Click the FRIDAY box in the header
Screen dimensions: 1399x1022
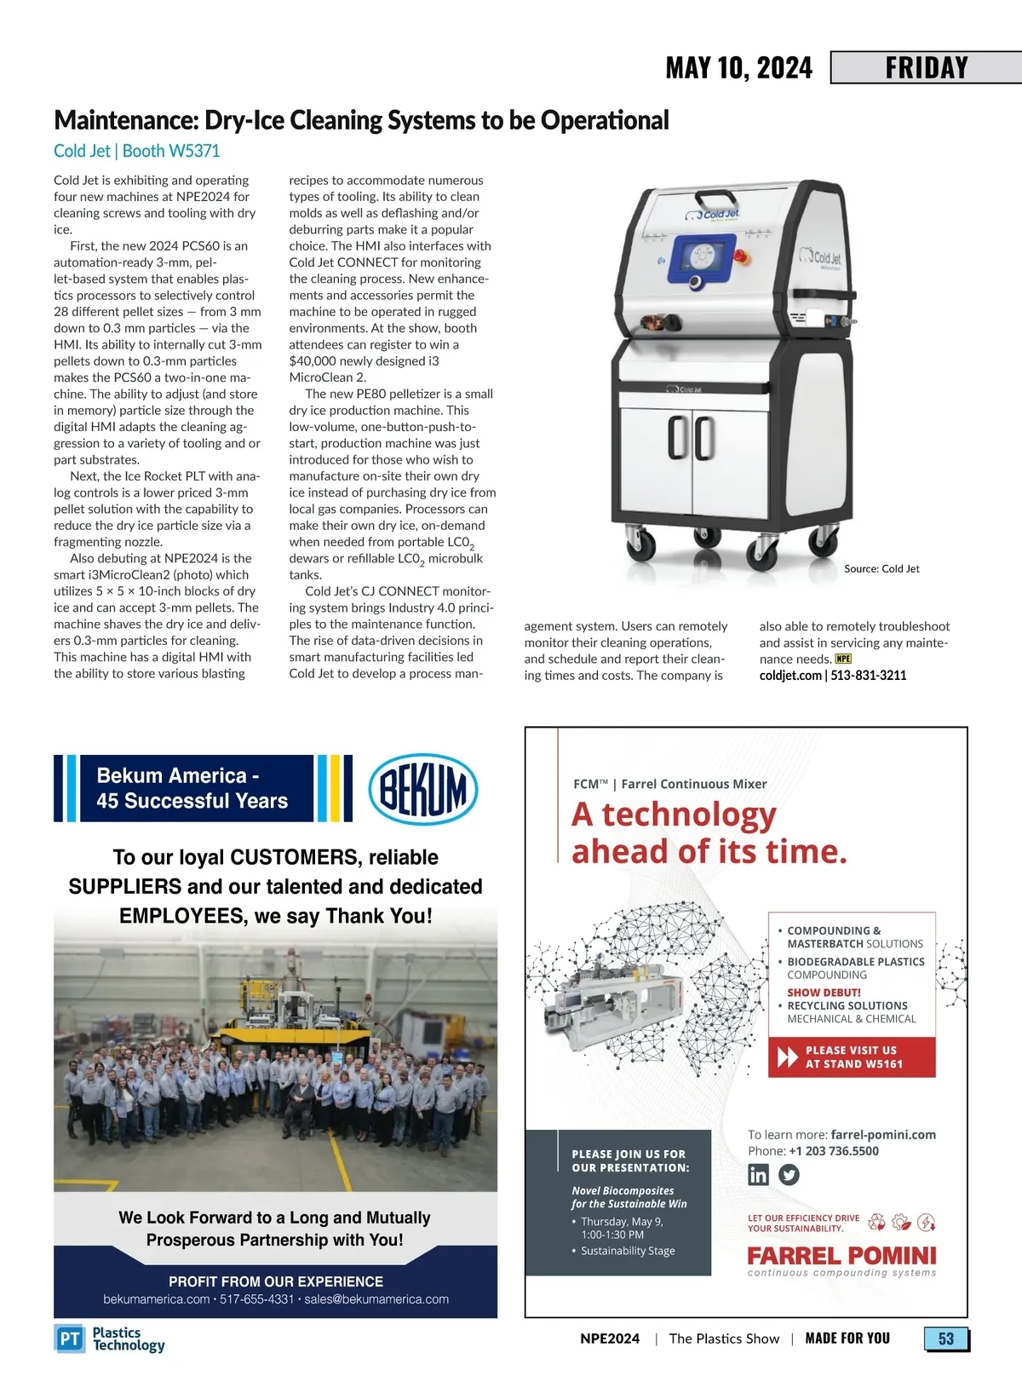pos(927,67)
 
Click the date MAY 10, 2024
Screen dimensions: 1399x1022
pos(738,68)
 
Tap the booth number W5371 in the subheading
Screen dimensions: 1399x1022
pos(194,151)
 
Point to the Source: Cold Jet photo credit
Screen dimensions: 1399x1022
pos(881,568)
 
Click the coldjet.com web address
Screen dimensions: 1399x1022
pos(790,676)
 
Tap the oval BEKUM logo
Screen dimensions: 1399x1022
pos(422,789)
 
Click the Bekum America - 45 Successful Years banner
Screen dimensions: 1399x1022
pos(192,788)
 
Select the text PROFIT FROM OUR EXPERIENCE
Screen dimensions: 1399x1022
pos(276,1281)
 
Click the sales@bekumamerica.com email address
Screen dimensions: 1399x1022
pos(376,1299)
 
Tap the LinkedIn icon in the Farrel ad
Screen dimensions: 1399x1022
pos(758,1175)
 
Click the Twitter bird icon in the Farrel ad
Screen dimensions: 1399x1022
pos(789,1175)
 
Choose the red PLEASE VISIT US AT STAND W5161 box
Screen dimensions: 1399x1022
pos(852,1057)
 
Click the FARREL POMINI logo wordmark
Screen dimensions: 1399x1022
pos(841,1256)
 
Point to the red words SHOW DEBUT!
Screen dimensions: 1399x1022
pos(824,993)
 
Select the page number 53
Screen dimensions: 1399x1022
pos(946,1339)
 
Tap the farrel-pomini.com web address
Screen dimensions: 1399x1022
pos(883,1135)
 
